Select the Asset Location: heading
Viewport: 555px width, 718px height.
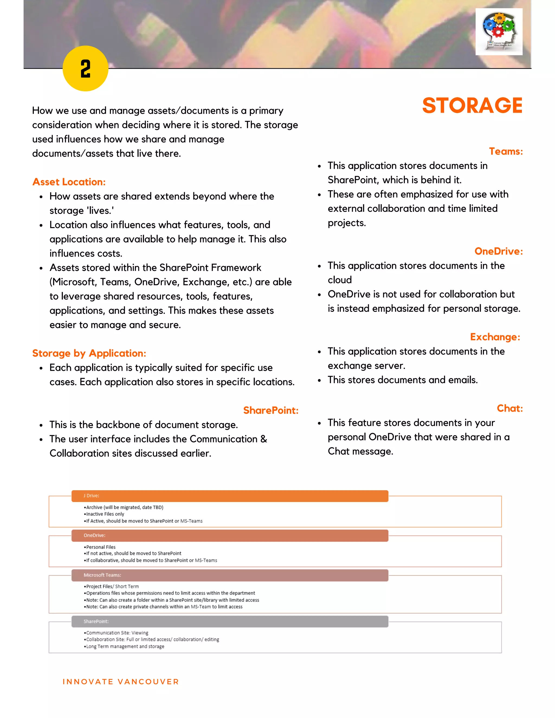(x=69, y=182)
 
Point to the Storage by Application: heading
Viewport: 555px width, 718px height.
(x=89, y=353)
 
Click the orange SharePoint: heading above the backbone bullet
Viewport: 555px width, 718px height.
(x=271, y=410)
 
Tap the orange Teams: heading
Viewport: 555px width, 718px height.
(x=505, y=151)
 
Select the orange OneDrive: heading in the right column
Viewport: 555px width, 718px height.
(x=498, y=251)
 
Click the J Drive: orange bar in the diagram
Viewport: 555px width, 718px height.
(x=230, y=496)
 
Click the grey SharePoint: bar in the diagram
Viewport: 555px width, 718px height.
(x=230, y=621)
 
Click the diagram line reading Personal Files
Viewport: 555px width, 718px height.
(x=100, y=547)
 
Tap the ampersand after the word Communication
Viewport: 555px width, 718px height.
(x=264, y=439)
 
